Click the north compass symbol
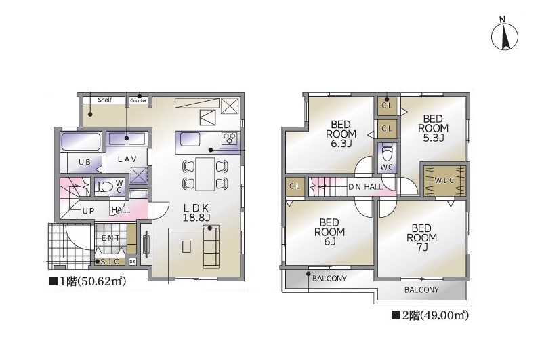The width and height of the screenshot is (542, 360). [504, 36]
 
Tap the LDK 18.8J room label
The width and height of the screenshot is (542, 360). [196, 213]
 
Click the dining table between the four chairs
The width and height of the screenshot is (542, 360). [205, 174]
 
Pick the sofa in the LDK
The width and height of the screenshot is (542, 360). [211, 246]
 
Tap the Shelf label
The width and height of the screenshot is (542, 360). [104, 100]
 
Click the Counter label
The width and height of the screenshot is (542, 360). [138, 100]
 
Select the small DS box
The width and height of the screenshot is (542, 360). [133, 262]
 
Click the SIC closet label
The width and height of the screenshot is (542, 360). [110, 262]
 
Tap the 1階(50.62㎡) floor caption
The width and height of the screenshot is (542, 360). [88, 281]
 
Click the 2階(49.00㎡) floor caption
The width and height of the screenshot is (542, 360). [430, 315]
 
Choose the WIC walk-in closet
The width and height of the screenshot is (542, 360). [444, 180]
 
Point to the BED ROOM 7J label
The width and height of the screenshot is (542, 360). [421, 237]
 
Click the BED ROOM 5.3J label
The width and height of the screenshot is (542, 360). [433, 128]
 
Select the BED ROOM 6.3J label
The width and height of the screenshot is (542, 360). [341, 134]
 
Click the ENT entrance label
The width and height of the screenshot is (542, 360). [110, 238]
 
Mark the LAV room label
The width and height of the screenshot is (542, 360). [127, 159]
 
